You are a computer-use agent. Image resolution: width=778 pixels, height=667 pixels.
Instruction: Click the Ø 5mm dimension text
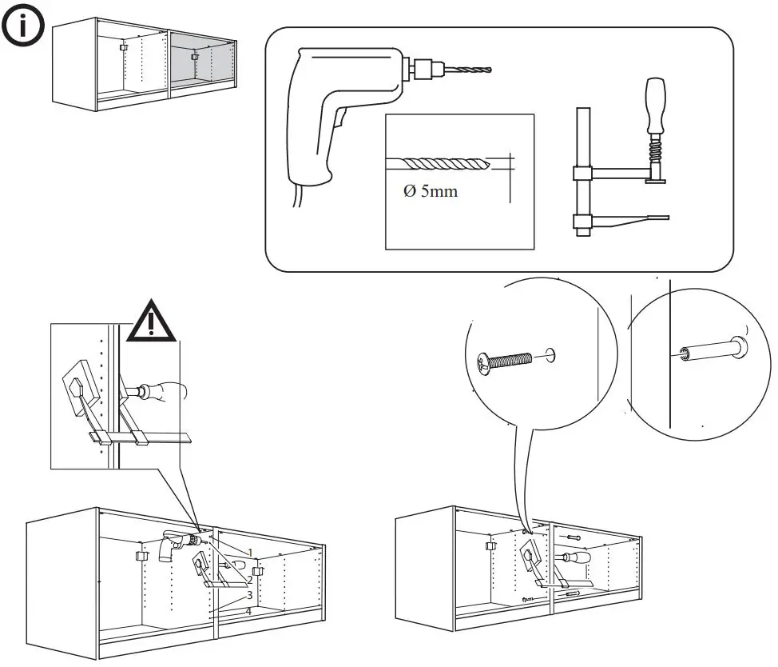pos(431,192)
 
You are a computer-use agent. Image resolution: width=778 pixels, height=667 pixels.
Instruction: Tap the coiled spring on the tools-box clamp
pos(657,148)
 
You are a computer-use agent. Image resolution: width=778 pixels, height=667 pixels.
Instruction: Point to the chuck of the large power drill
pos(419,69)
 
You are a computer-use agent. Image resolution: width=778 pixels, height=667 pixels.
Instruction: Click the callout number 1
pos(250,553)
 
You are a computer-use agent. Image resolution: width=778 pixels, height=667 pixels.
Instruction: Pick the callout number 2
pos(249,579)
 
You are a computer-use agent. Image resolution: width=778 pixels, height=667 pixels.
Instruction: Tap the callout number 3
pos(249,596)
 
